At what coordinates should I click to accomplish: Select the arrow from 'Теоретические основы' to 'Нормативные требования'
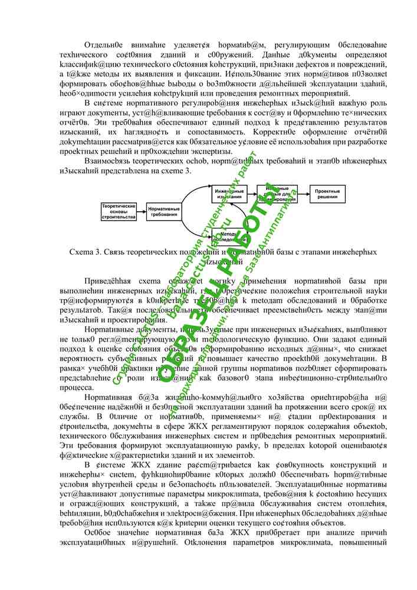140,211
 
